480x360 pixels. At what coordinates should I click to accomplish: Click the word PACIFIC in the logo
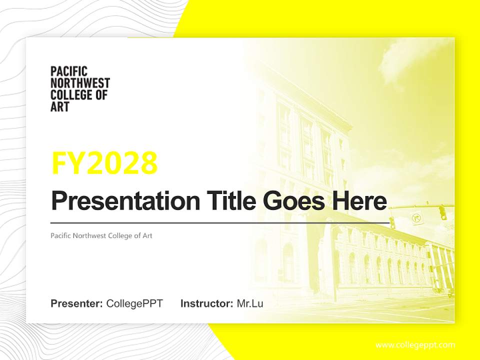[69, 71]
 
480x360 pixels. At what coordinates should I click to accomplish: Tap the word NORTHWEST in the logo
[80, 83]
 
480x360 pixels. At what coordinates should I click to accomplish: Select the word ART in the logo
[60, 106]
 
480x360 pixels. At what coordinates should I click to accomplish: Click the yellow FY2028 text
[104, 163]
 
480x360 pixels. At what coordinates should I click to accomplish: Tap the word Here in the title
[357, 201]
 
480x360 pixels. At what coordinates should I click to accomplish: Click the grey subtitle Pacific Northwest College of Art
[101, 235]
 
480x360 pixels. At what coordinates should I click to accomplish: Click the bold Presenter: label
[77, 303]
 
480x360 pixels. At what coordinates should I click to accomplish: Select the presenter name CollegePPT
[134, 303]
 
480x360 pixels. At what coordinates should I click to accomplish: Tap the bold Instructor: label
[206, 303]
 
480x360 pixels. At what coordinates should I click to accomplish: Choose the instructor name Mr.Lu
[250, 303]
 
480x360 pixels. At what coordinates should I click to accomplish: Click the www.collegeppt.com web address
[415, 344]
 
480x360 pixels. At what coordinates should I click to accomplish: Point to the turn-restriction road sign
[416, 218]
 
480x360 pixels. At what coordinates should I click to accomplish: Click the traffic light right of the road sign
[442, 212]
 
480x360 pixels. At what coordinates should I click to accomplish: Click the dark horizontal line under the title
[220, 222]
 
